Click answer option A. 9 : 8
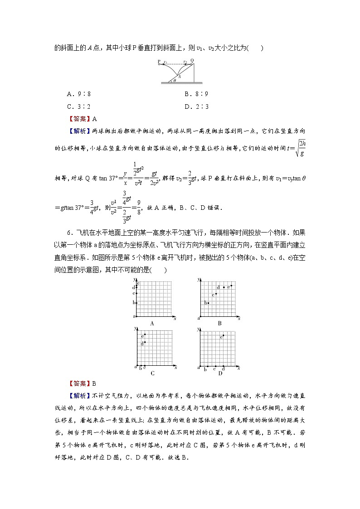click(x=79, y=94)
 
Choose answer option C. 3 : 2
click(x=79, y=107)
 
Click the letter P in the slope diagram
click(x=159, y=61)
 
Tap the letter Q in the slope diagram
click(x=192, y=60)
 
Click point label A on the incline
click(x=180, y=76)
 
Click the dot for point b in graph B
click(x=209, y=302)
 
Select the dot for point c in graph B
click(x=216, y=294)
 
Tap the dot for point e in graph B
click(x=232, y=286)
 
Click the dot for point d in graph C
click(x=145, y=342)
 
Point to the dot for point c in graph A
click(x=136, y=293)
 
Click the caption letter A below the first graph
click(x=152, y=323)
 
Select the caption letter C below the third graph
click(x=152, y=373)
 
